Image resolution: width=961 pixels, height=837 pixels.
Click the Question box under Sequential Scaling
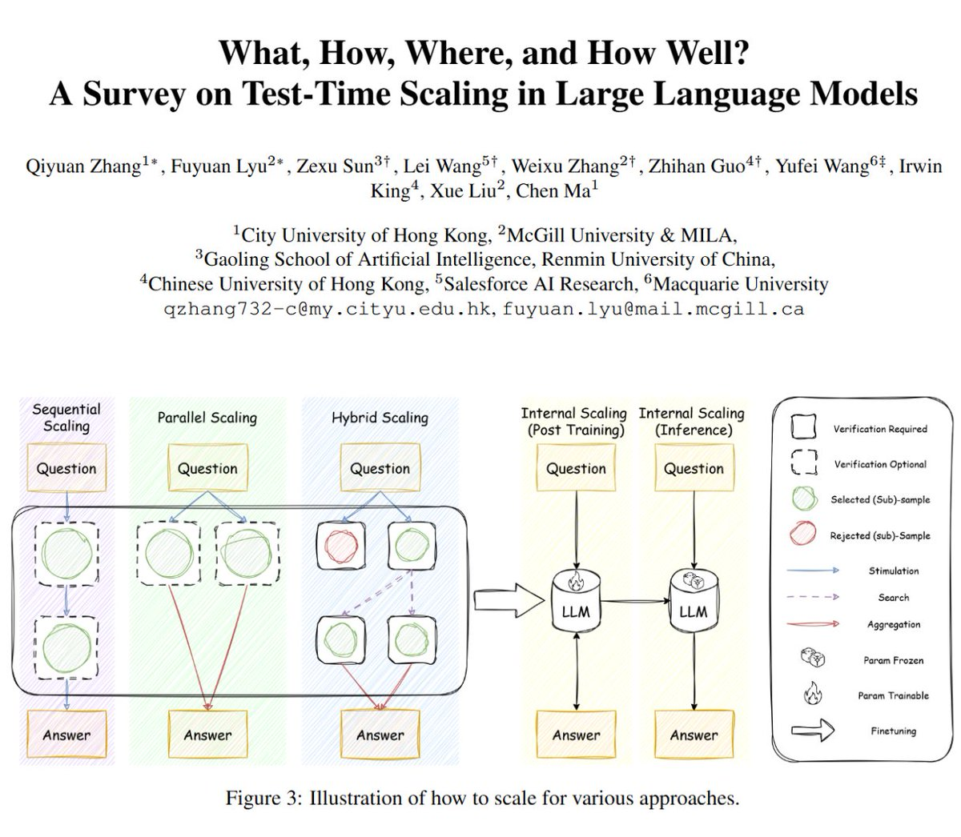click(66, 468)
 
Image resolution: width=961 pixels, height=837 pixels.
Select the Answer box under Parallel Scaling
click(207, 735)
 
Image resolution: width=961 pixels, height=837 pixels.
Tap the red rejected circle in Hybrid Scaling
click(341, 546)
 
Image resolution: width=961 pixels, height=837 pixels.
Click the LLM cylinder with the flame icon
click(577, 601)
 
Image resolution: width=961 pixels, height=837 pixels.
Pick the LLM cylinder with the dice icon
click(694, 601)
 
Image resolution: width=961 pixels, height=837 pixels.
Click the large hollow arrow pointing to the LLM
click(509, 600)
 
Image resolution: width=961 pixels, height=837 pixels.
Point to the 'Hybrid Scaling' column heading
click(380, 418)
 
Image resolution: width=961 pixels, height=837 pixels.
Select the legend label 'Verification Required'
click(880, 429)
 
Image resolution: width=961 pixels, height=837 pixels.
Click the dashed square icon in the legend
click(804, 463)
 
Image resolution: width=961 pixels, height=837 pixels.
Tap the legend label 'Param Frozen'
click(894, 660)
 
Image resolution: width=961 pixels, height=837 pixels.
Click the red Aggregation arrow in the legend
click(813, 624)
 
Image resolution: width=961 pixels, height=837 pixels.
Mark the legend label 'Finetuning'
click(894, 731)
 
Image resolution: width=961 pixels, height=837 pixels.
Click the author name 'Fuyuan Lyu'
click(219, 166)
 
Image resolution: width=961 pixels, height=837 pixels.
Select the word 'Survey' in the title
click(134, 94)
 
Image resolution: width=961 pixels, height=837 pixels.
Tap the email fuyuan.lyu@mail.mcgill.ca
click(653, 309)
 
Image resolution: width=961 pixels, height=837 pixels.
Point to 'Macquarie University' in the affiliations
click(741, 284)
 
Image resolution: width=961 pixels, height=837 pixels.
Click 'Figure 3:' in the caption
click(264, 798)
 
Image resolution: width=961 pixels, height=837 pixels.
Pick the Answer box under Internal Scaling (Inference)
click(694, 735)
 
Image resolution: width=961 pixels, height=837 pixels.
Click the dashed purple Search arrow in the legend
click(813, 597)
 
